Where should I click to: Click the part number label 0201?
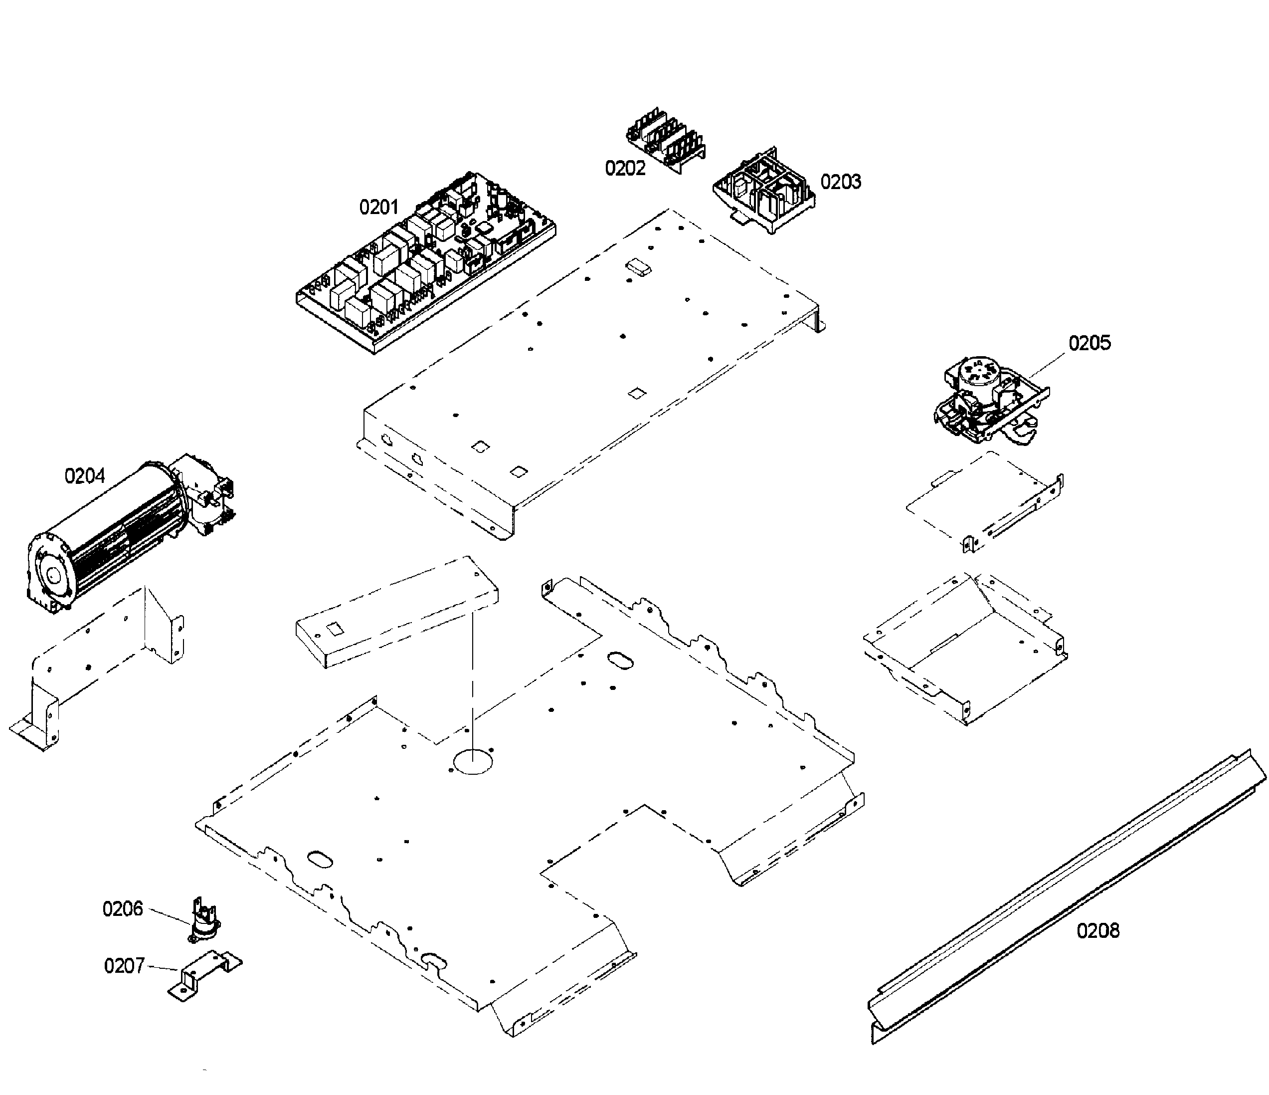pos(378,207)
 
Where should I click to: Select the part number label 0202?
pos(625,168)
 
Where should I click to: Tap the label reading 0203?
pos(840,182)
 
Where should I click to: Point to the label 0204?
pos(85,475)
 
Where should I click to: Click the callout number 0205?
pos(1089,343)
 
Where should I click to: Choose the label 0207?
pos(124,966)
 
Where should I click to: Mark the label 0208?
pos(1097,931)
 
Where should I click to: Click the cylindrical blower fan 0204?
pos(110,533)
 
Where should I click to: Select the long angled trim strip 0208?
pos(1066,894)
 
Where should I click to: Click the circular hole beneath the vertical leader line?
pos(473,763)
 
